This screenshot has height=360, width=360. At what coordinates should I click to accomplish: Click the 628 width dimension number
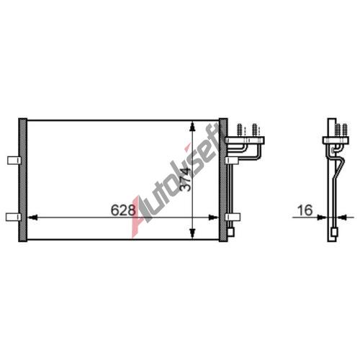123,210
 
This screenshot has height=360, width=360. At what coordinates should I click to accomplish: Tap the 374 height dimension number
186,179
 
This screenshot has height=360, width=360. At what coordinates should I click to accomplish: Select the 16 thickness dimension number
305,210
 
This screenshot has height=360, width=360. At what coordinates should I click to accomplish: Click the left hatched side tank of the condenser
23,180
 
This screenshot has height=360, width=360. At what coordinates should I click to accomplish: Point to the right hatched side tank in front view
223,180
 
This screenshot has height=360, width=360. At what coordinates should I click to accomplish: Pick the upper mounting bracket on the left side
14,161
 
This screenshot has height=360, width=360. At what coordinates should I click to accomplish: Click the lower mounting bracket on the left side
14,217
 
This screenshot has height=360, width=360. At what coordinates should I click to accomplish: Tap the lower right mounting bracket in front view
233,217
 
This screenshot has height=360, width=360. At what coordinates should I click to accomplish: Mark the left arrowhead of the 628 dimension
32,217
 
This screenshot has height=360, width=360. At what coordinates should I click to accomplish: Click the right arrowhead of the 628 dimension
213,217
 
